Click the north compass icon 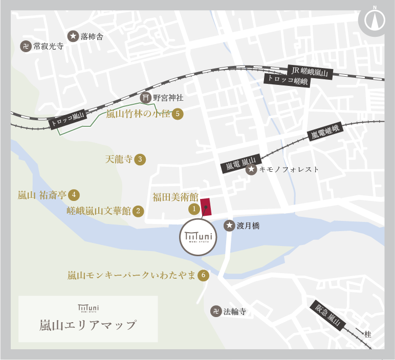pos(375,20)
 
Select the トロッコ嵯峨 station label pos(287,80)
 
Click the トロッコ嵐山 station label pos(68,120)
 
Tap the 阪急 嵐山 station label pos(327,316)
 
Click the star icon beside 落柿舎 pos(73,36)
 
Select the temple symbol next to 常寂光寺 pos(26,47)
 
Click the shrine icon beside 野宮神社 pos(146,98)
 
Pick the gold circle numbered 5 pos(178,114)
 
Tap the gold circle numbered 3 pos(140,159)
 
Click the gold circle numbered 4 pos(74,194)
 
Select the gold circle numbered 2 pos(138,211)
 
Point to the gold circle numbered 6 pos(204,275)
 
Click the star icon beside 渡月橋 pos(230,225)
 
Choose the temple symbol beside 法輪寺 pos(216,311)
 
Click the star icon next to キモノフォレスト pos(251,169)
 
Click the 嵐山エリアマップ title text pos(88,325)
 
